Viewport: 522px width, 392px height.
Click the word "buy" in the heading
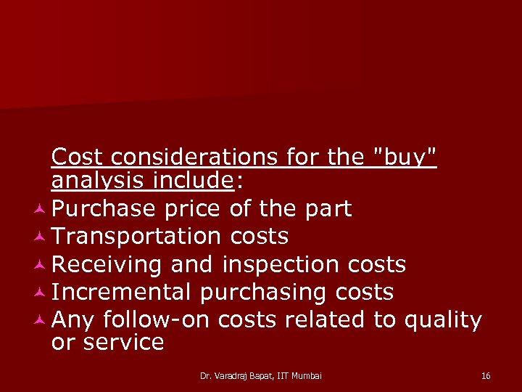[404, 157]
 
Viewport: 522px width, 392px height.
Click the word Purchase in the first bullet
[104, 209]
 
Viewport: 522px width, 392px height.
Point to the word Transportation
[137, 236]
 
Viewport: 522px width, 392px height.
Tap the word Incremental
[121, 292]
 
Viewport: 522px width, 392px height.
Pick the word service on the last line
[125, 342]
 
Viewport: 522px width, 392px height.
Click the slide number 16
[485, 375]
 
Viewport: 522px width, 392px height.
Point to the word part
[327, 209]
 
